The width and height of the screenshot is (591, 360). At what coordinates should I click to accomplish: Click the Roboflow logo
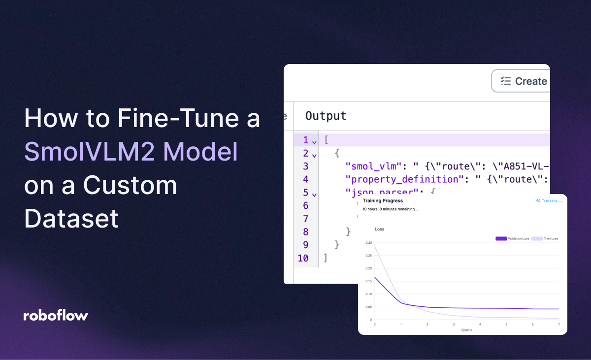click(56, 316)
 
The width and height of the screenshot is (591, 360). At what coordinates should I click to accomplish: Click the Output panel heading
click(326, 116)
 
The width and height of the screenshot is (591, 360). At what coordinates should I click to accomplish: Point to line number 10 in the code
click(303, 258)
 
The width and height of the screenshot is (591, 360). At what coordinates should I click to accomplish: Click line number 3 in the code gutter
click(306, 166)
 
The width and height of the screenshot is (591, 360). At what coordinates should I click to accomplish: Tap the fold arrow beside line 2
click(314, 155)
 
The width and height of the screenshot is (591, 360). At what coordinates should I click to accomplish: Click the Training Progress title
click(383, 201)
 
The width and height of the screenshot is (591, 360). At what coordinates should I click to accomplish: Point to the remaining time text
click(390, 209)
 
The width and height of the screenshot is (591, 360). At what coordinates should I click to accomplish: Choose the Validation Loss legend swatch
click(501, 238)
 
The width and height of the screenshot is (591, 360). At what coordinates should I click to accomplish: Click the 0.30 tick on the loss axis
click(368, 243)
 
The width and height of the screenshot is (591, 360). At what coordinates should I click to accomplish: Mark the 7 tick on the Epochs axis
click(559, 325)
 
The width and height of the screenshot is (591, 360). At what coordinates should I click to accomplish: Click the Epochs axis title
click(466, 330)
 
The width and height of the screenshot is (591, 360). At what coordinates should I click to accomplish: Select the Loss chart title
click(379, 229)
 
